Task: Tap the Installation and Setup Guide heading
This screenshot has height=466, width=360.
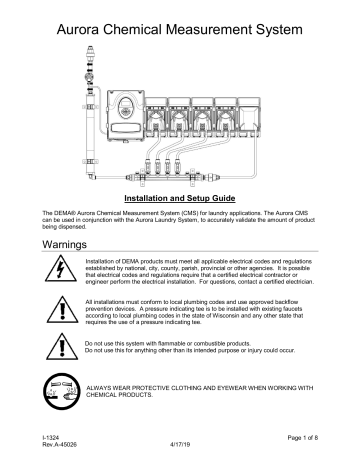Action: point(179,200)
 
